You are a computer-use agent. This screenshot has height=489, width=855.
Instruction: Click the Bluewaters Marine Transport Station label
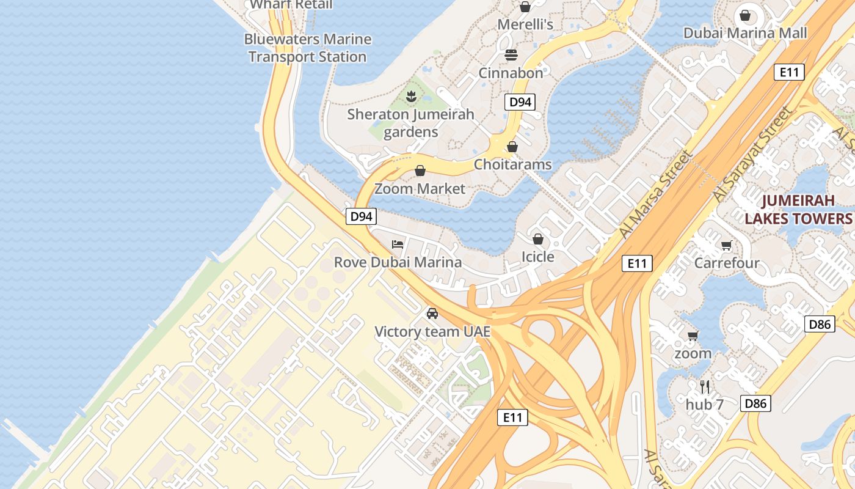coord(307,48)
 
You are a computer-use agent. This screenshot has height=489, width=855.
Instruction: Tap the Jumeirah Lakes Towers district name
coord(798,210)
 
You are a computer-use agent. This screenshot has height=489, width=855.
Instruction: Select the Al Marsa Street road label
coord(657,194)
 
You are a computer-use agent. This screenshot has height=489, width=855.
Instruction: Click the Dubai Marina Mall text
coord(745,33)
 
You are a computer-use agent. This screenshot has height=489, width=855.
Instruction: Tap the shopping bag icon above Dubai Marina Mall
coord(745,15)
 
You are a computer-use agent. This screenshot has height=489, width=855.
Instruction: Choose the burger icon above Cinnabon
coord(511,55)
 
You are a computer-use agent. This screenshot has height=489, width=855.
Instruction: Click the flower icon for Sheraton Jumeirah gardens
coord(411,96)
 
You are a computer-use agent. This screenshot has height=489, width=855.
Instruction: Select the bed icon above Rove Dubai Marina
coord(398,244)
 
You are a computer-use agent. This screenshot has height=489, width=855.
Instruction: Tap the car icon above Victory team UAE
coord(432,314)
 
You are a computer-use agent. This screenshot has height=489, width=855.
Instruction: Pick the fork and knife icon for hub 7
coord(704,386)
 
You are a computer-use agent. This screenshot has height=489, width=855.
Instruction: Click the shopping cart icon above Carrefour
coord(727,245)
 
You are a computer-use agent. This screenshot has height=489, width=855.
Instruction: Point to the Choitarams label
coord(512,164)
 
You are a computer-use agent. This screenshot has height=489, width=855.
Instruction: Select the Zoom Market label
coord(420,189)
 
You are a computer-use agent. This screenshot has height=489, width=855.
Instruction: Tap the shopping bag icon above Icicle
coord(538,238)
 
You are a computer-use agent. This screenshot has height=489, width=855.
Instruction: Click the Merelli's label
coord(525,24)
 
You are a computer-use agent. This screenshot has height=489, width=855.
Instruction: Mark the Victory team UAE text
coord(432,332)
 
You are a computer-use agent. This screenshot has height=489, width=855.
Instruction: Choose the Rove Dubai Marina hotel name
coord(398,263)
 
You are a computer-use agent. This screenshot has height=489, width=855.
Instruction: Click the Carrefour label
coord(727,263)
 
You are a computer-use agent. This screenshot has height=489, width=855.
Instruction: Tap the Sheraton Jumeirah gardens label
coord(411,123)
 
